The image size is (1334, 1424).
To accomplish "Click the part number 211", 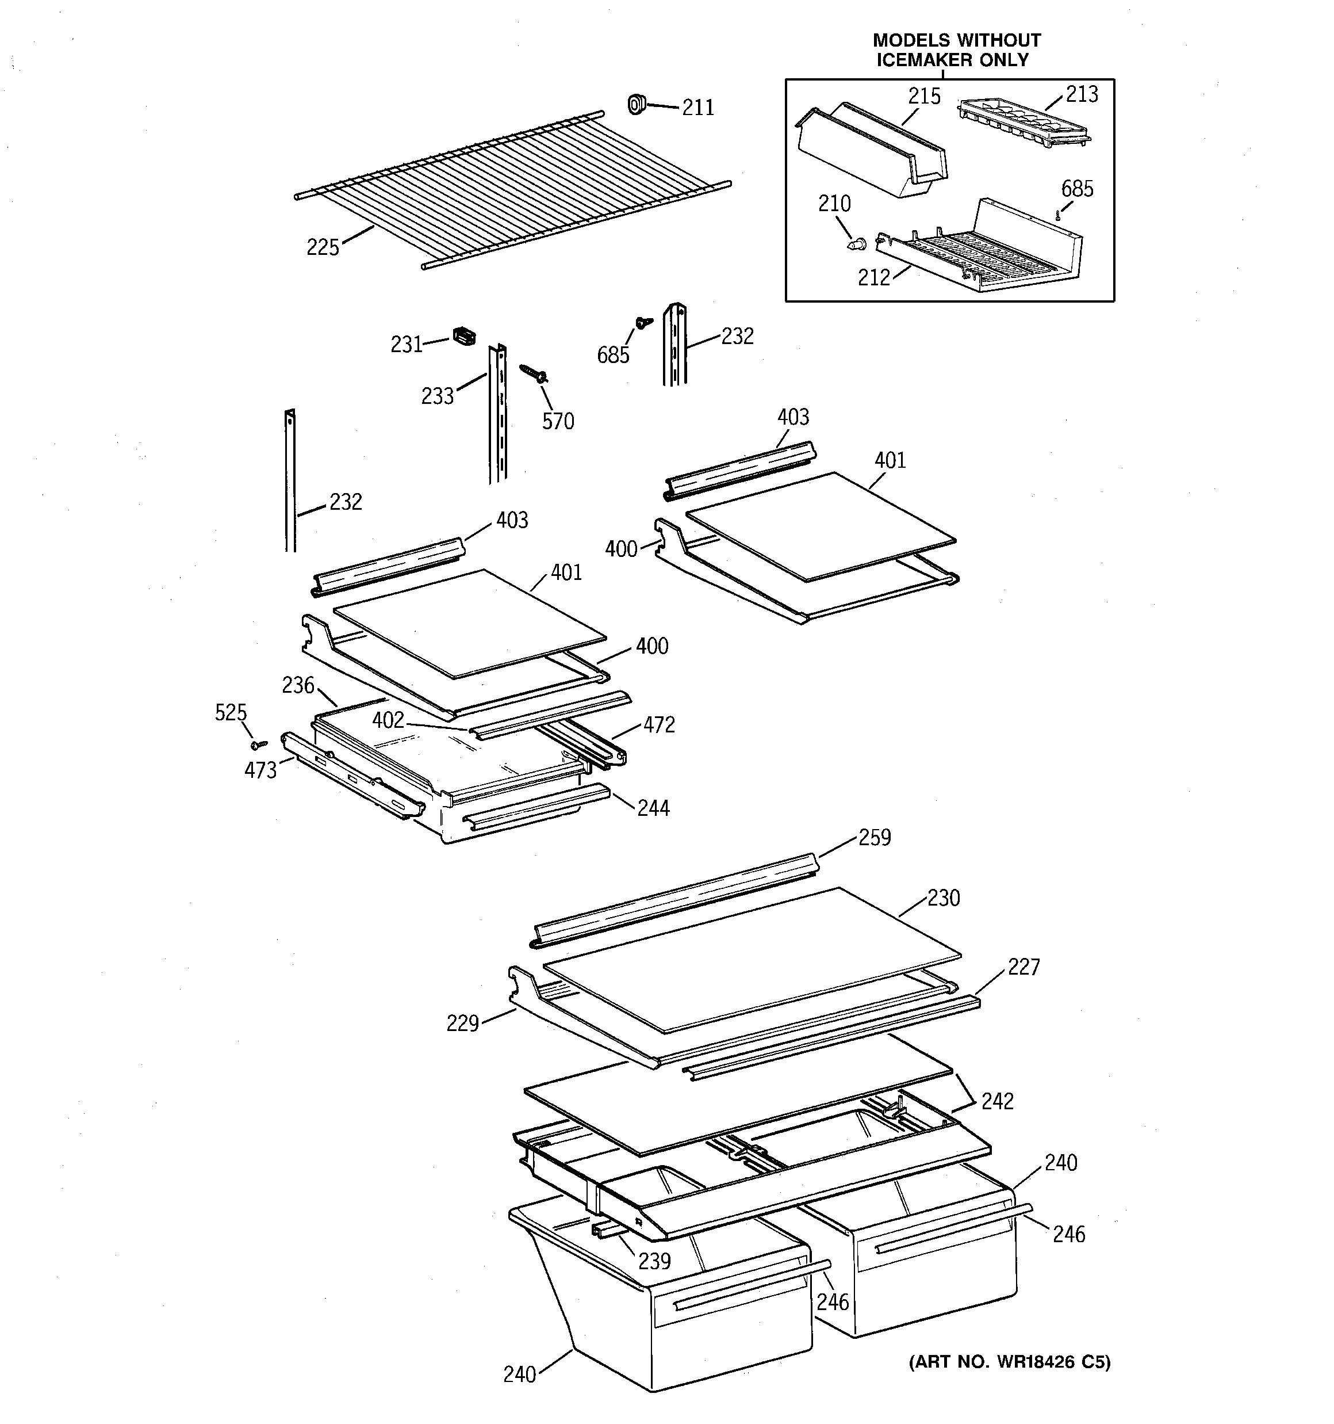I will point(697,108).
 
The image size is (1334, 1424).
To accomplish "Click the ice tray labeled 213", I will point(1022,124).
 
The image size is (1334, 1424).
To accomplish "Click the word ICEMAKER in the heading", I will point(923,60).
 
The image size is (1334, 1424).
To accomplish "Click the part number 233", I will point(437,396).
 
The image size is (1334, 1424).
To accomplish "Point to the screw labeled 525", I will point(259,745).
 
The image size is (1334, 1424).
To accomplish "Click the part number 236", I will point(298,685).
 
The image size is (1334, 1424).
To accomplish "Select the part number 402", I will point(388,720).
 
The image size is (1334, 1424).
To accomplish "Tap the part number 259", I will point(875,837).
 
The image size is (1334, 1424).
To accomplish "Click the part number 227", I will point(1023,967).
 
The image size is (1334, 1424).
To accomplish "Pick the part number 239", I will point(654,1261).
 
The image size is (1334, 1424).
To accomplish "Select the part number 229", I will point(462,1024).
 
